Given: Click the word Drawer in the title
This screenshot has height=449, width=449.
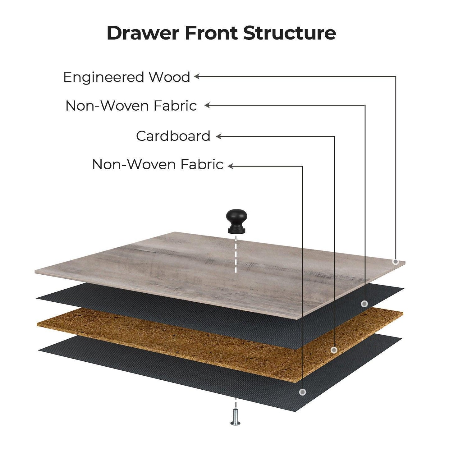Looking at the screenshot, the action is click(x=143, y=33).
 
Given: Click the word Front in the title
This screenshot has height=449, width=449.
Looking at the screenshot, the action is click(x=211, y=33).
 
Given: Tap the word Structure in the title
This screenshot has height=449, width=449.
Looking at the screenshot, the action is click(x=289, y=33).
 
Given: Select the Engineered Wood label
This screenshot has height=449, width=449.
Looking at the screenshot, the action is click(x=127, y=78).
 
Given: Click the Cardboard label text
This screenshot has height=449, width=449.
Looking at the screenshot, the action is click(x=173, y=136).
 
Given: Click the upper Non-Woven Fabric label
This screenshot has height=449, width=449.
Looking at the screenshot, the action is click(x=131, y=106).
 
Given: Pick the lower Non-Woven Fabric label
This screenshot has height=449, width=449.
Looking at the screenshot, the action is click(x=158, y=164).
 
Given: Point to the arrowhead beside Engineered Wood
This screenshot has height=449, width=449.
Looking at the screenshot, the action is click(x=197, y=76).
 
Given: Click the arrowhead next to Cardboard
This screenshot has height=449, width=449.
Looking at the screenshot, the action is click(x=218, y=136).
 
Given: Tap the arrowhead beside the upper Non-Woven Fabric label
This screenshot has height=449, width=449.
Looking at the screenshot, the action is click(x=207, y=105).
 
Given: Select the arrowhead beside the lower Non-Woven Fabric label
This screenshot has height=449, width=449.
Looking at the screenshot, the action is click(x=231, y=166).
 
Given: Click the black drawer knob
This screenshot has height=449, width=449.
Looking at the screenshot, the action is click(x=236, y=221).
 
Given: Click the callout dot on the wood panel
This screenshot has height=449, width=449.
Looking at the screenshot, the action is click(x=396, y=262).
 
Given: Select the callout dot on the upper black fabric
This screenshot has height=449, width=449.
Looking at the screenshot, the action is click(x=364, y=304).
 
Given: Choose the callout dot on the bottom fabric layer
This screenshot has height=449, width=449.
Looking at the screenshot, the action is click(x=302, y=392).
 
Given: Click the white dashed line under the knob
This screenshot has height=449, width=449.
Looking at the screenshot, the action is click(x=236, y=254).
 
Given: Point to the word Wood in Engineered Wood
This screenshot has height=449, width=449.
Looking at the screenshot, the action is click(x=170, y=77).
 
